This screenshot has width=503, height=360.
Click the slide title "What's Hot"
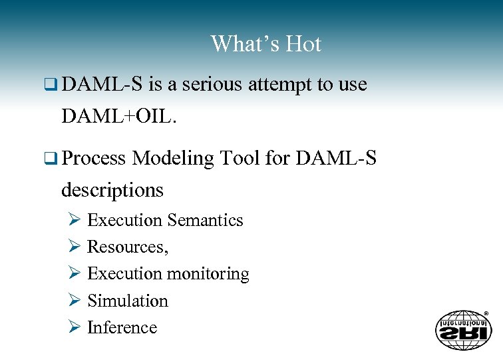[x=266, y=44]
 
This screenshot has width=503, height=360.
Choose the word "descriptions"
[x=112, y=190]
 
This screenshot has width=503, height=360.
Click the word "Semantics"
[x=206, y=220]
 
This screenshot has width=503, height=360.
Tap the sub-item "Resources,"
[x=128, y=247]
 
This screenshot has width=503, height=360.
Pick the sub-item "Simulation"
[x=128, y=301]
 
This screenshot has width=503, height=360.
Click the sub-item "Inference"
[x=122, y=327]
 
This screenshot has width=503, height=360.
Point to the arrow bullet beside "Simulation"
[x=74, y=301]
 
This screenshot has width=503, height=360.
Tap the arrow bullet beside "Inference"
[x=74, y=327]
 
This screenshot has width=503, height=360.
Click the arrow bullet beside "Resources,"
[x=74, y=247]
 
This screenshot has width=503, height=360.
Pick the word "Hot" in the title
[x=303, y=44]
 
